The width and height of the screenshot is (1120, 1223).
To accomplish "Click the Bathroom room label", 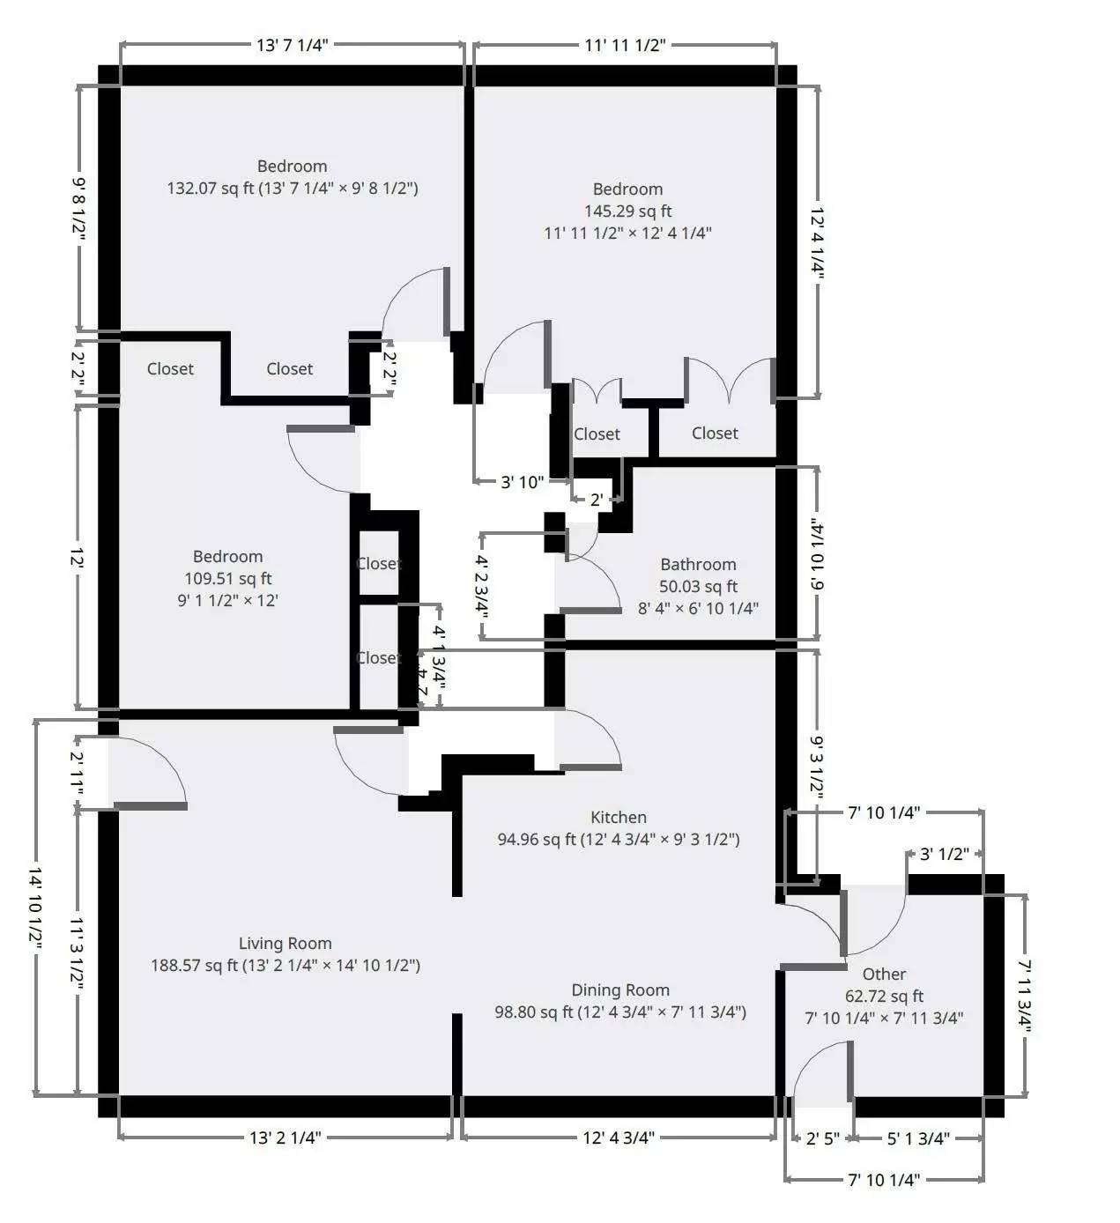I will point(698,565).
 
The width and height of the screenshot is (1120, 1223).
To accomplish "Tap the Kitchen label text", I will point(619,818).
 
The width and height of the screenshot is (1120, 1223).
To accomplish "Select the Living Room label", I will point(285,944).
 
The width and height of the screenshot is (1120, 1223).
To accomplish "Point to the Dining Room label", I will point(620,990).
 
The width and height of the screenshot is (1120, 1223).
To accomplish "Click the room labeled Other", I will point(884,975).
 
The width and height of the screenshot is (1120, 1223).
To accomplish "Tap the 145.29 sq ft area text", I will point(627,211).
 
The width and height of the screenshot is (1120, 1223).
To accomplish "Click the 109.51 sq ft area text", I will point(227,579).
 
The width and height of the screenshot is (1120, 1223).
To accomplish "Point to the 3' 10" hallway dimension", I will point(522,482).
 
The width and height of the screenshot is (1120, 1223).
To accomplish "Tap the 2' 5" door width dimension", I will point(823,1138).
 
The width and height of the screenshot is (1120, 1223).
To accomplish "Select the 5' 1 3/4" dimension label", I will point(918,1138).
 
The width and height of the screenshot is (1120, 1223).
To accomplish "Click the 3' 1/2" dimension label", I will point(945,854).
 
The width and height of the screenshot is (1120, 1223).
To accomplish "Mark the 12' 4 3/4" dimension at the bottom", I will point(619,1138).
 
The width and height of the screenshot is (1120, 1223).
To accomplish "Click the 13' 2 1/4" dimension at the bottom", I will point(285,1138).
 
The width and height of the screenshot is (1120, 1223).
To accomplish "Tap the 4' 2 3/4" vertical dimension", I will point(481,586).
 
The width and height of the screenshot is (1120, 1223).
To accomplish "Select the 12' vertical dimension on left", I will point(78,559).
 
